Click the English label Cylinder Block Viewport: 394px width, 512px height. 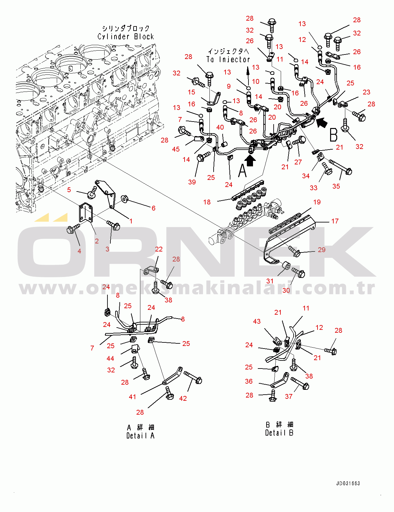click(x=126, y=36)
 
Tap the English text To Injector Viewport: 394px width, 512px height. click(x=228, y=59)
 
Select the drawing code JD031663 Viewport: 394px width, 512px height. click(x=348, y=484)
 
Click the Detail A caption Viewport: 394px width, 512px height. click(x=140, y=436)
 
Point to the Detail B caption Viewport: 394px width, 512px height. click(x=279, y=433)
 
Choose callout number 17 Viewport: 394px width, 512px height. click(x=335, y=221)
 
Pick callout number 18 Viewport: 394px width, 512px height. click(x=207, y=202)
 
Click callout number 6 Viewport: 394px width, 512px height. click(x=154, y=208)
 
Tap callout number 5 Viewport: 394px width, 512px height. click(x=69, y=190)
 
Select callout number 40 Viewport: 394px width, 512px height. click(x=220, y=127)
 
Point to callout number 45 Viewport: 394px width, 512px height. click(x=176, y=149)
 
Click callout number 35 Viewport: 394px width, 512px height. click(x=336, y=186)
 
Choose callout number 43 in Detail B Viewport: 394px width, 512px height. click(x=257, y=321)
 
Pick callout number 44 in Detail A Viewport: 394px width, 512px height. click(x=110, y=359)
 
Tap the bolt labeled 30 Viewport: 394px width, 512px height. click(x=298, y=272)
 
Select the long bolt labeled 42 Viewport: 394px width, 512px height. click(x=193, y=378)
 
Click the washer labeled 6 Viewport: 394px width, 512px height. click(x=124, y=199)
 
